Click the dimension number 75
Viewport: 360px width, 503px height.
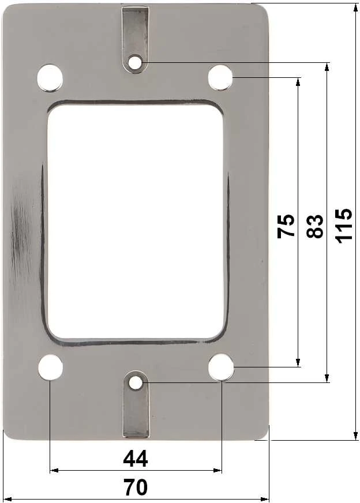(x=286, y=226)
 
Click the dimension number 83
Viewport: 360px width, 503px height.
(x=314, y=226)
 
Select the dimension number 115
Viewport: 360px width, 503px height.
(x=344, y=226)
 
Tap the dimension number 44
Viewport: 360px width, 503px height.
(x=136, y=459)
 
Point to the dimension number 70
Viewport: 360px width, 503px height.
(x=136, y=487)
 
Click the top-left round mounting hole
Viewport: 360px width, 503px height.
(x=50, y=78)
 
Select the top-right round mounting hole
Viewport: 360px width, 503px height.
(x=220, y=77)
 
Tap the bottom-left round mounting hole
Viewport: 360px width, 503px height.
(x=50, y=367)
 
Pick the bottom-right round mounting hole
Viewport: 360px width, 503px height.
(x=221, y=367)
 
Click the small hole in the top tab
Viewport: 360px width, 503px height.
(x=135, y=62)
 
